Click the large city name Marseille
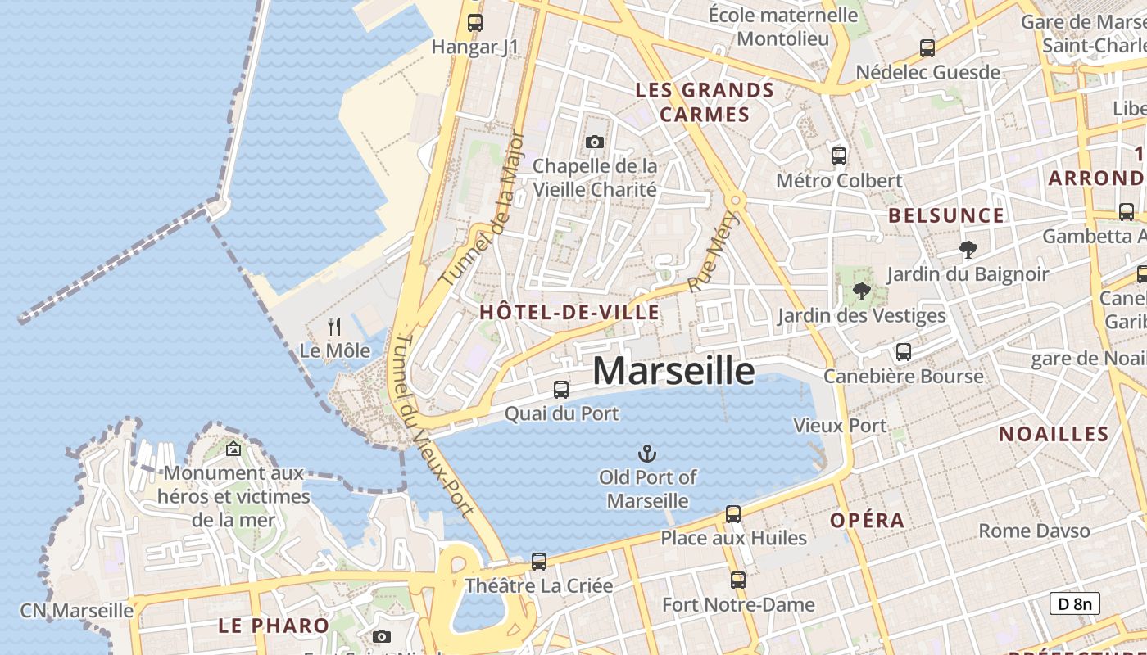pos(673,371)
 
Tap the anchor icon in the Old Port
pos(647,453)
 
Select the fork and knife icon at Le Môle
pos(334,327)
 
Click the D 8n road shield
pos(1075,604)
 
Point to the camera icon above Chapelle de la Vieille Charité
pos(595,142)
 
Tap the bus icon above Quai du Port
pos(561,390)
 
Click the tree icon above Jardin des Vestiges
pos(861,291)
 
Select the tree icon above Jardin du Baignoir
pos(968,250)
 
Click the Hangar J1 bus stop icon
pos(475,23)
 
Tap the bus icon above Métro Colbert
pos(838,156)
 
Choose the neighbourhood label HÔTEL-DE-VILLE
pos(569,312)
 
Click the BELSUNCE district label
pos(946,215)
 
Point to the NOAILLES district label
pos(1054,434)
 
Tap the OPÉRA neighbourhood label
pos(868,521)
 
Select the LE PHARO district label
pos(274,626)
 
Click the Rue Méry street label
pos(710,251)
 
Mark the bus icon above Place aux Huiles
pos(733,514)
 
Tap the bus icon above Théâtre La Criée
pos(538,562)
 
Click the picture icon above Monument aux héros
pos(233,449)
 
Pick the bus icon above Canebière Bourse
pos(904,352)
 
